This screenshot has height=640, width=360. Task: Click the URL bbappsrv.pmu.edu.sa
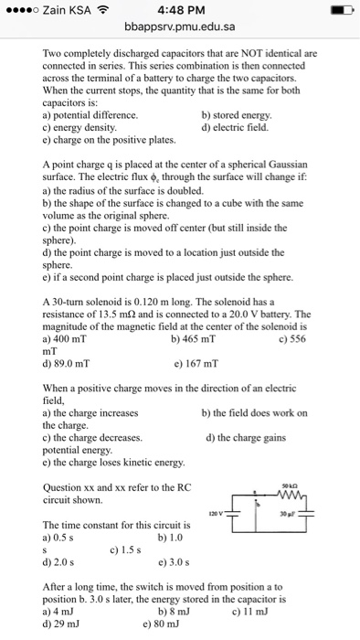(x=179, y=31)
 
